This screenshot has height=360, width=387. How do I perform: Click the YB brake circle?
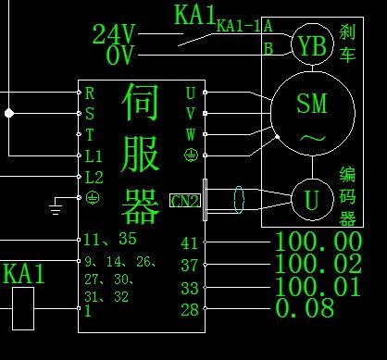[x=309, y=43]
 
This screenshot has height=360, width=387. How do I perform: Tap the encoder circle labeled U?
[x=312, y=198]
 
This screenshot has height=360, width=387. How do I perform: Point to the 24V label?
[x=114, y=34]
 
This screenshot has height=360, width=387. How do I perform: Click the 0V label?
[x=119, y=56]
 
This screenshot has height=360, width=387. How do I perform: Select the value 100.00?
[x=318, y=242]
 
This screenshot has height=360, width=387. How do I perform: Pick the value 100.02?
[x=318, y=265]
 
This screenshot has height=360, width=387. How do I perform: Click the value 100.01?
[x=318, y=287]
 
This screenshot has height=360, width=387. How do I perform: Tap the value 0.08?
[x=305, y=309]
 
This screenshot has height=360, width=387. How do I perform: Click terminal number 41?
[x=189, y=243]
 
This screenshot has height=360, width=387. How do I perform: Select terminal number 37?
[x=189, y=266]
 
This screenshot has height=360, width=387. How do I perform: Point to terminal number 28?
[x=189, y=310]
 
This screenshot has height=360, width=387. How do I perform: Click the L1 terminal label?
[x=94, y=155]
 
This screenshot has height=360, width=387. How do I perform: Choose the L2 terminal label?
[x=94, y=176]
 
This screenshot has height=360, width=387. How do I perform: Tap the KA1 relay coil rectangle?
[x=20, y=307]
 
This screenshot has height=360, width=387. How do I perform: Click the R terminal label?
[x=90, y=93]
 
